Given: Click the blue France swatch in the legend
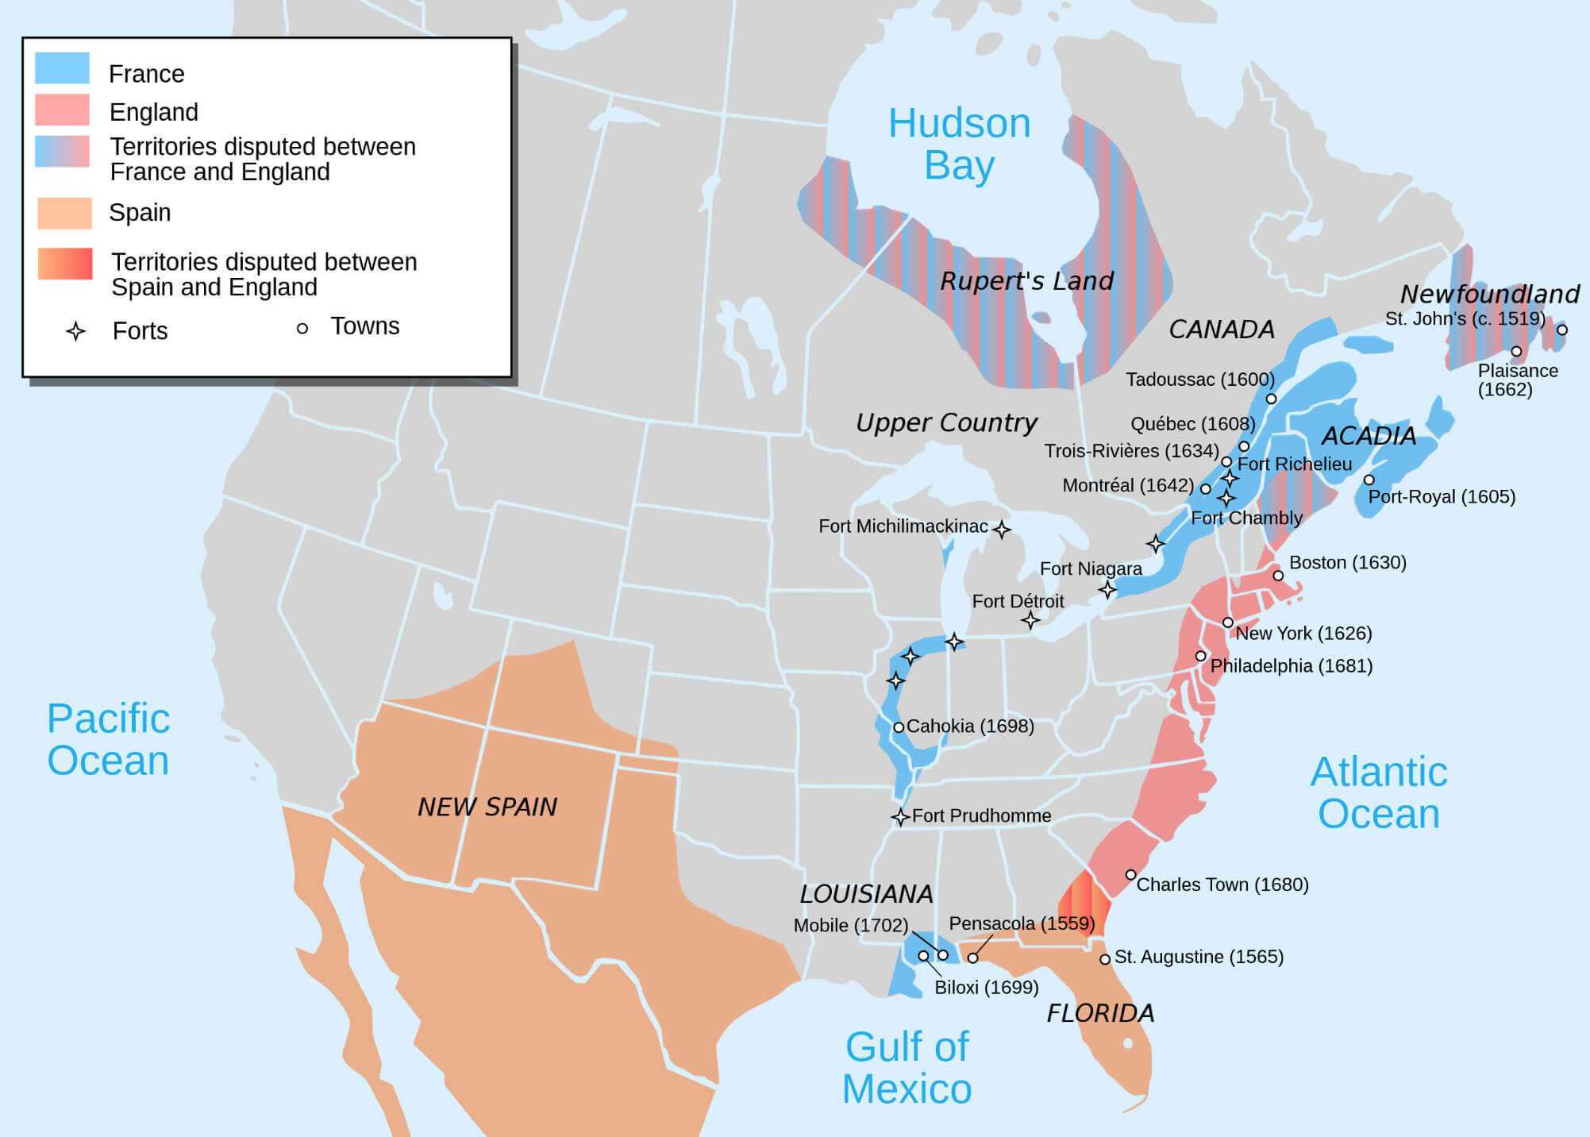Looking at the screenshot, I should pos(62,68).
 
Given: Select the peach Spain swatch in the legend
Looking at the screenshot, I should pos(64,213).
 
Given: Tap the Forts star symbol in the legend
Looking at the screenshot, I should pos(75,331).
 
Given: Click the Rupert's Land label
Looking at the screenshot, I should pos(1026,280).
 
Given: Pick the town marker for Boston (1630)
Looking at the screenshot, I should pos(1278,576).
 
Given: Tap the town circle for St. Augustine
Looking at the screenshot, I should pos(1104,959).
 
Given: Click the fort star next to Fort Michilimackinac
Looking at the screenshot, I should pos(1002,530).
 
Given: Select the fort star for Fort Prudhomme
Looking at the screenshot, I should pos(899,817).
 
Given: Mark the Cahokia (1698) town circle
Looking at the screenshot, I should pos(899,727).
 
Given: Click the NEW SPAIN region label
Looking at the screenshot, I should pos(487,807).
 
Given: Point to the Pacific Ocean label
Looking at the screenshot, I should pos(108,739).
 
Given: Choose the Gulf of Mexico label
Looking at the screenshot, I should pos(907,1067).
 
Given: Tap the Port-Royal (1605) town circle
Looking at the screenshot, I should pos(1369,480).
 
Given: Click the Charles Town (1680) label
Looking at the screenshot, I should pos(1222,885).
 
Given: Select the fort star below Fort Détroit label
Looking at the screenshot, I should pos(1030,620).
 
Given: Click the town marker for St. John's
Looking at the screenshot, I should pos(1561,330).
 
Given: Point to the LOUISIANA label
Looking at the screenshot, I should pos(866,894).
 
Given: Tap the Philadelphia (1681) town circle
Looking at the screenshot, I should pos(1200,656).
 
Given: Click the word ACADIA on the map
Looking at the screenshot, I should pos(1368,435).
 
